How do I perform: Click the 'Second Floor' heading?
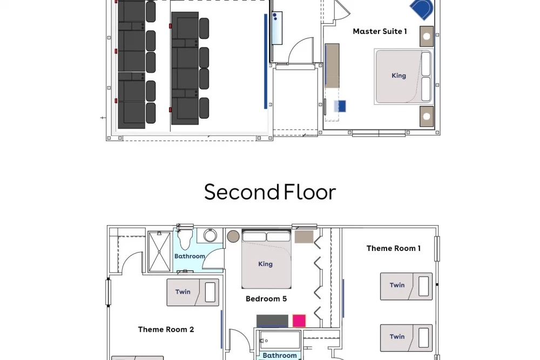coord(269,192)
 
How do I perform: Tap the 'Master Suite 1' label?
coord(380,31)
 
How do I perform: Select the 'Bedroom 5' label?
coord(266,298)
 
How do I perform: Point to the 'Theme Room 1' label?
coord(393,248)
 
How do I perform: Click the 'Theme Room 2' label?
coord(166,329)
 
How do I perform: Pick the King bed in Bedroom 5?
coord(266,259)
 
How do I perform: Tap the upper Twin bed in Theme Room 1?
coord(407,287)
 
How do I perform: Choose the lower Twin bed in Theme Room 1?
coord(407,338)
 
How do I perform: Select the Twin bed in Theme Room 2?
coord(193,293)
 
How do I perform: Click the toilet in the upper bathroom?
coord(185,239)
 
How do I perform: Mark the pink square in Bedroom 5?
coord(299,321)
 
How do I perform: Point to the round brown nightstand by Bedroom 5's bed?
coord(233,236)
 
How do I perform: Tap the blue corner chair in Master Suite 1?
coord(422,9)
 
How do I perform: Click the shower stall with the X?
coord(159,252)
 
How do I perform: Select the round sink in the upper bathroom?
coord(210,236)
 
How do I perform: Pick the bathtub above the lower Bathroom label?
coord(280,341)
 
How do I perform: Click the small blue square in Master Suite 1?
coord(340,106)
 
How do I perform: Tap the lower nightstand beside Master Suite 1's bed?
coord(427,117)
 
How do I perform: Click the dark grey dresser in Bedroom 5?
coord(272,321)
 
